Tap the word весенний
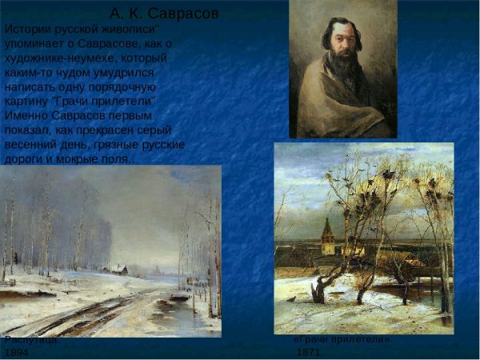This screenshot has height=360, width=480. coord(36,145)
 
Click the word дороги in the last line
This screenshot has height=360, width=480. coord(26,159)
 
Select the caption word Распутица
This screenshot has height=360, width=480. coord(30,340)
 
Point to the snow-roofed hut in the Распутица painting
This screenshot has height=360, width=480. coord(118,270)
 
